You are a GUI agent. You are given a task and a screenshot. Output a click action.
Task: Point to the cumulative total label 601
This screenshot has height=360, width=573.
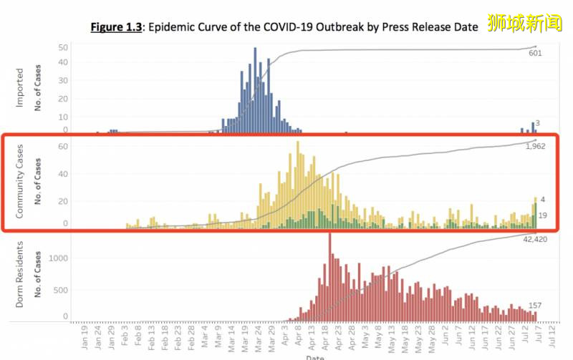coord(535,53)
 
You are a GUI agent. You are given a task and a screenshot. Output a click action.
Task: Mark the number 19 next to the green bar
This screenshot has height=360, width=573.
coord(542,215)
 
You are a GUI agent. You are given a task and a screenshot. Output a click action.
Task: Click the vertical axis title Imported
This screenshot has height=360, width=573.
coord(19,87)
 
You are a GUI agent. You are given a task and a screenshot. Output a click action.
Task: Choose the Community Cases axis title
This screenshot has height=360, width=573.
coord(19,181)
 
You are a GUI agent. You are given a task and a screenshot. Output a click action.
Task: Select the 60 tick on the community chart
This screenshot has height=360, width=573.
coord(62,145)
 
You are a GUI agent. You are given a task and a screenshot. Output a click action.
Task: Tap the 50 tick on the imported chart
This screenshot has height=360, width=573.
coord(63,47)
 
